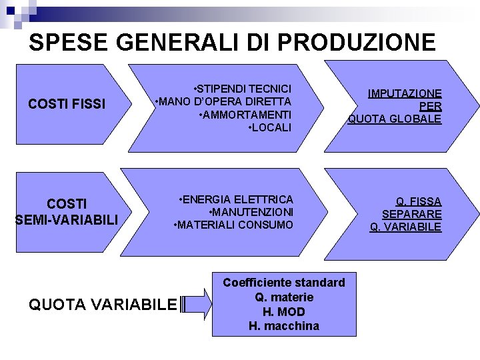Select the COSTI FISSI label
pyautogui.click(x=67, y=104)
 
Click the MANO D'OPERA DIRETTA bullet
pyautogui.click(x=223, y=101)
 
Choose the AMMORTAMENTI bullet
pyautogui.click(x=245, y=114)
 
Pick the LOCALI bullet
pyautogui.click(x=269, y=127)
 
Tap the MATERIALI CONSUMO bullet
pyautogui.click(x=233, y=225)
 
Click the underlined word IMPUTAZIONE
pyautogui.click(x=406, y=93)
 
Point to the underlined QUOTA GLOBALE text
pyautogui.click(x=394, y=119)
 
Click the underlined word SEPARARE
pyautogui.click(x=411, y=214)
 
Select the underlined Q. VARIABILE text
pyautogui.click(x=405, y=227)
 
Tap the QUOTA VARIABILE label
pyautogui.click(x=103, y=305)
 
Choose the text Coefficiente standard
pyautogui.click(x=284, y=283)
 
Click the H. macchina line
pyautogui.click(x=284, y=326)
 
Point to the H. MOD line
pyautogui.click(x=284, y=311)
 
